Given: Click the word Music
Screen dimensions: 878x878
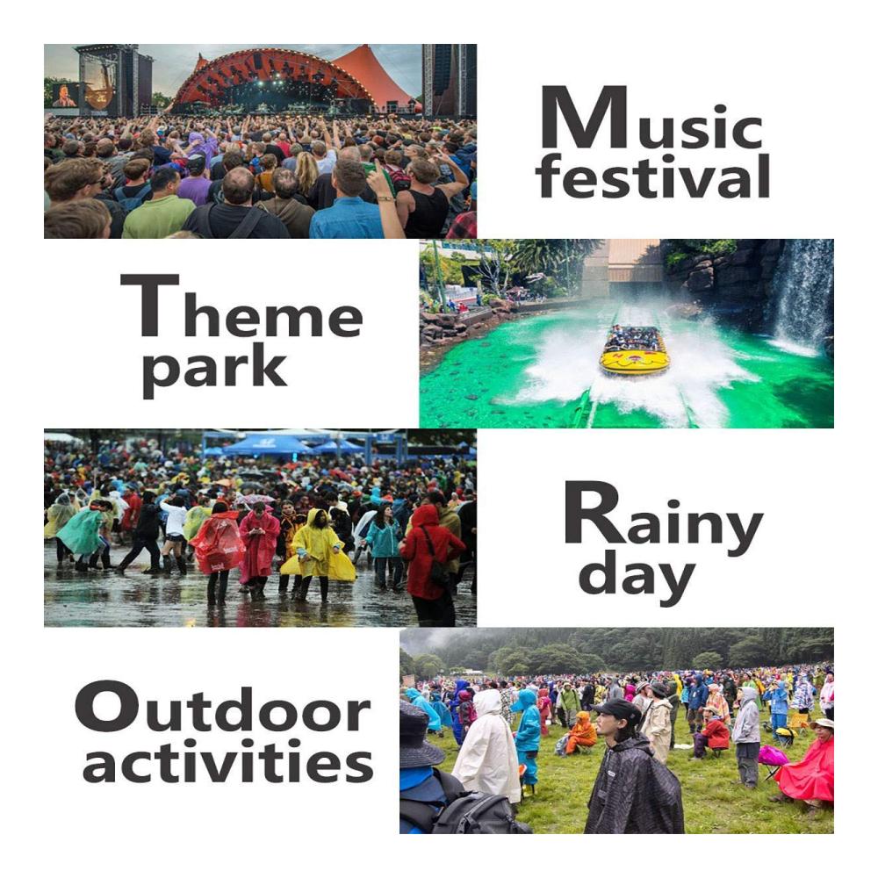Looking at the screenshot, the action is click(651, 118).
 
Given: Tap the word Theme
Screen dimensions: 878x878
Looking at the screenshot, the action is click(242, 306).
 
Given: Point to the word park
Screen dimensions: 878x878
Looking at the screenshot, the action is click(214, 370).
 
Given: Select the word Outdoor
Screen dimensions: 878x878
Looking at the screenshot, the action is click(222, 707).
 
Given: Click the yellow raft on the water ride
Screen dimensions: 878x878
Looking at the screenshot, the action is click(635, 351).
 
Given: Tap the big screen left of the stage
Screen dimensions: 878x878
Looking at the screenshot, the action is click(65, 95).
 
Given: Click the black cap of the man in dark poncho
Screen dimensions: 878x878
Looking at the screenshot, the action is click(617, 710).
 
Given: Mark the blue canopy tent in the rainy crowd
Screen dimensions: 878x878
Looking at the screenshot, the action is click(267, 445).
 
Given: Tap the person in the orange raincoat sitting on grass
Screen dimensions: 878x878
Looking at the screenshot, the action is click(582, 732).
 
